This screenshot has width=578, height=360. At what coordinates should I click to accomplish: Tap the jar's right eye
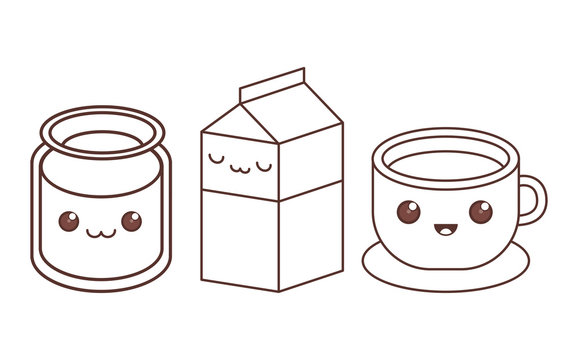click(131, 220)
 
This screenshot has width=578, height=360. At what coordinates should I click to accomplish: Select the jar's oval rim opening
click(102, 133)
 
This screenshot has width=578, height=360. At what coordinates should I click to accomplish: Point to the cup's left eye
click(408, 212)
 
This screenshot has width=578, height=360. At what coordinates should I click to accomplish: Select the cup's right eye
click(481, 212)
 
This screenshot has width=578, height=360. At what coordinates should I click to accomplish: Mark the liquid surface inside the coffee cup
click(446, 165)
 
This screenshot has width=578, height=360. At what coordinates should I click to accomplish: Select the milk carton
click(272, 185)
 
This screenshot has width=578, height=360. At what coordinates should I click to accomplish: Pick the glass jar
click(100, 200)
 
